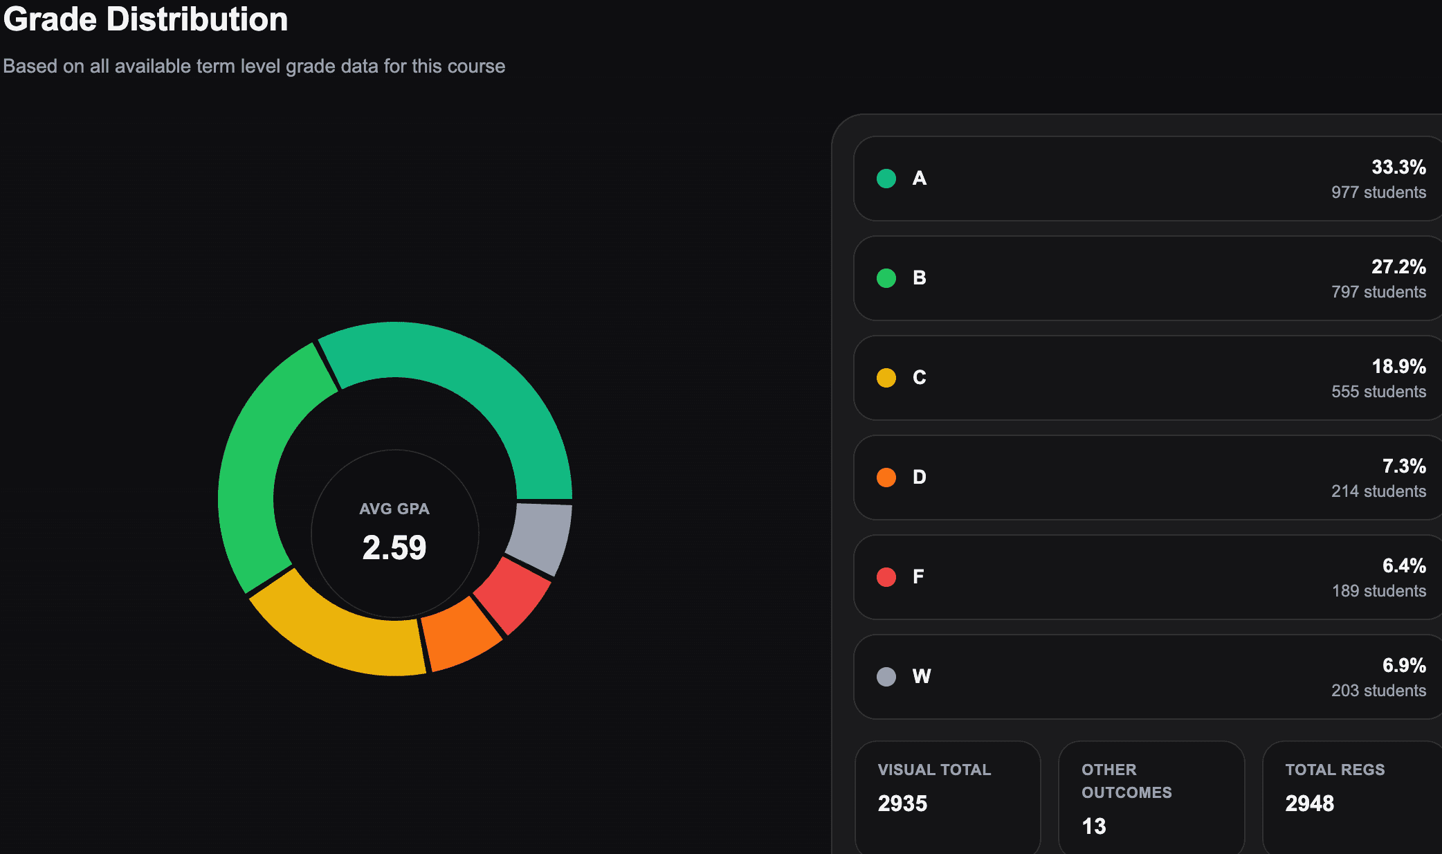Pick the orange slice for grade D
point(460,633)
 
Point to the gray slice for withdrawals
point(543,536)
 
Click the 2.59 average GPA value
point(394,547)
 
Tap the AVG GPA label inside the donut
point(394,509)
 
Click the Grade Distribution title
point(145,19)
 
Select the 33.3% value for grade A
point(1398,167)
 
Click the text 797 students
point(1378,292)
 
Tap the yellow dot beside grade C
point(886,378)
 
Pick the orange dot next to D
point(886,478)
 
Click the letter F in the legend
point(918,576)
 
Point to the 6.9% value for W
point(1404,666)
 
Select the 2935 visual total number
point(902,803)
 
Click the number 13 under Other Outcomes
point(1094,826)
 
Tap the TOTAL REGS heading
point(1335,770)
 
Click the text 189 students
point(1379,591)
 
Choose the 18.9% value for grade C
point(1398,367)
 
